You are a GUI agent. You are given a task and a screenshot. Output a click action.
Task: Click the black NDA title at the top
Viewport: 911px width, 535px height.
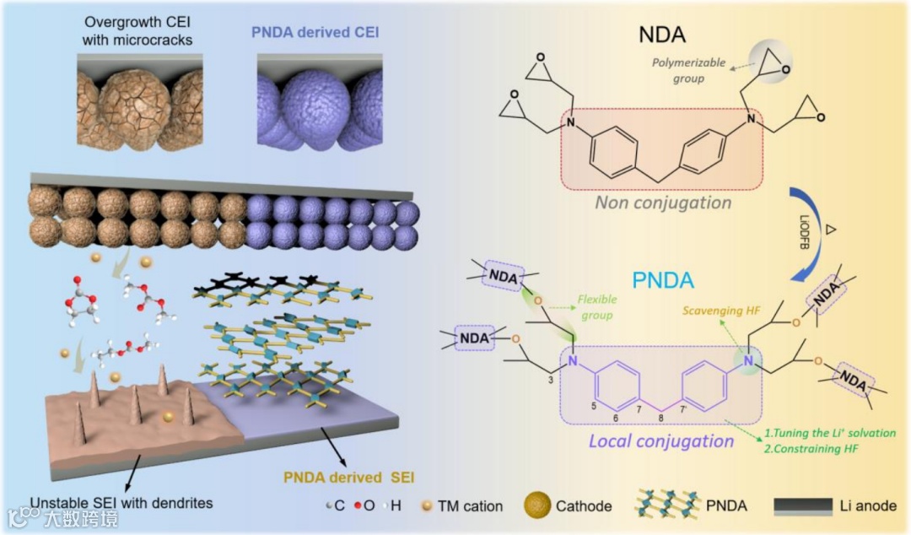[661, 35]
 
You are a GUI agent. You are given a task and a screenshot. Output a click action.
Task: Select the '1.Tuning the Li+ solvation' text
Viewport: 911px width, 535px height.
[829, 433]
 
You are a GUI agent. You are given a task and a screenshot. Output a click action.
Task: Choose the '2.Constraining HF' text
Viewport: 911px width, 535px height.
[811, 449]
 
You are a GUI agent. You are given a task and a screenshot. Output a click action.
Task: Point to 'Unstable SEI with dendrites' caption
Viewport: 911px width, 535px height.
[121, 504]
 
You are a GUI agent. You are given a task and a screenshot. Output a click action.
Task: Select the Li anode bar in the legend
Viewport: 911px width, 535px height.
[806, 506]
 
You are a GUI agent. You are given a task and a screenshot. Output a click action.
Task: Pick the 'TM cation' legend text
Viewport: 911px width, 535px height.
[471, 507]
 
